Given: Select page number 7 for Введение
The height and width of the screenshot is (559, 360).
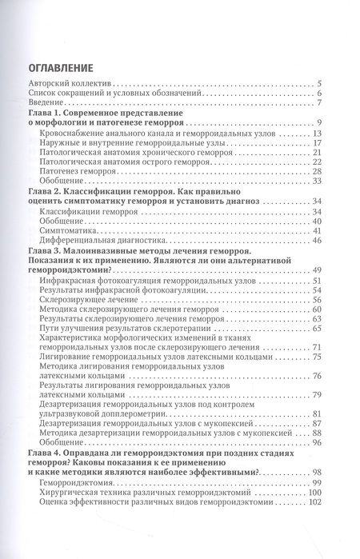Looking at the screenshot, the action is pos(318,103).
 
